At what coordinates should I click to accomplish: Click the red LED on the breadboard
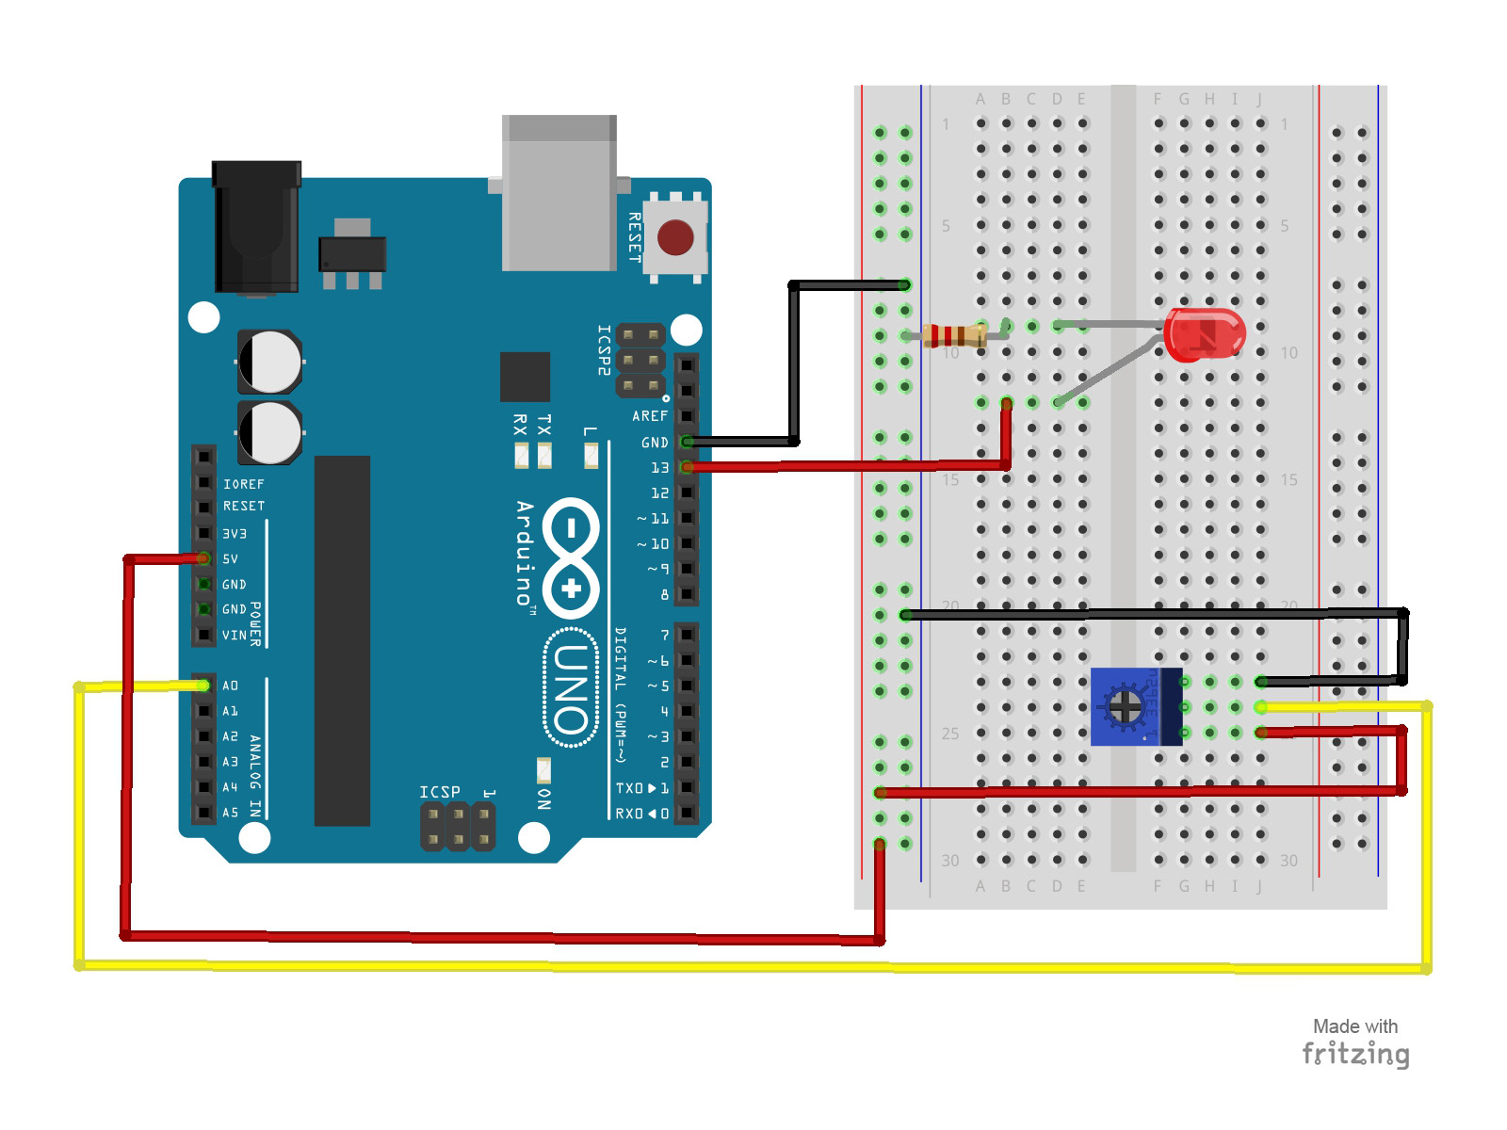tap(1204, 334)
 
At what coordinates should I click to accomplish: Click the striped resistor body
tap(955, 335)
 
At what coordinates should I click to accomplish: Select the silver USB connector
tap(559, 193)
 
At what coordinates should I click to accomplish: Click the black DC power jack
tap(256, 227)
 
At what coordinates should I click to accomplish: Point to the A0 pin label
tap(231, 686)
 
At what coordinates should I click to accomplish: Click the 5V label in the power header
tap(231, 558)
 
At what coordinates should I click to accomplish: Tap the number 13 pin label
tap(659, 467)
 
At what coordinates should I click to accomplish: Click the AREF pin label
tap(650, 415)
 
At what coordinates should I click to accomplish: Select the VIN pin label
tap(235, 635)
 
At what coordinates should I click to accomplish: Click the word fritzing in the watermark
tap(1355, 1054)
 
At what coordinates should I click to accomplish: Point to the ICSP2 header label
tap(604, 350)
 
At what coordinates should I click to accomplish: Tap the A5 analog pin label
tap(231, 812)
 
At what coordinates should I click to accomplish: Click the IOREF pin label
tap(244, 484)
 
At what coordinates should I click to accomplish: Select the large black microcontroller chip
tap(342, 640)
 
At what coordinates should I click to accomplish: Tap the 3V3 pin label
tap(235, 533)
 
